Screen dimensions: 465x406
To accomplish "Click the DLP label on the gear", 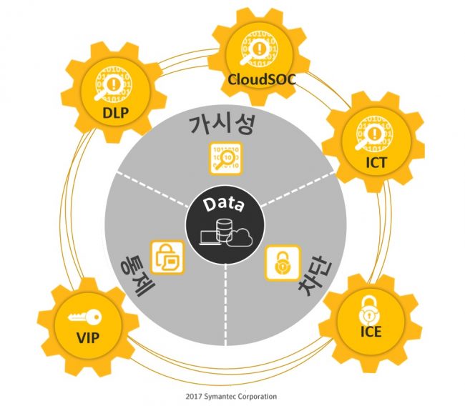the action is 115,113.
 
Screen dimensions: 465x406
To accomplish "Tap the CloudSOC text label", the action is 262,79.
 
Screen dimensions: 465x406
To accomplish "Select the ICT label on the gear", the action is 376,162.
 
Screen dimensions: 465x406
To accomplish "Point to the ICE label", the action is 371,332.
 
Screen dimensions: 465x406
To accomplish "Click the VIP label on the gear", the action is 88,337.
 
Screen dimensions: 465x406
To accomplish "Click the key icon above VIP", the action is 85,317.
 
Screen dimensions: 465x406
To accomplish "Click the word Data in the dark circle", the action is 225,204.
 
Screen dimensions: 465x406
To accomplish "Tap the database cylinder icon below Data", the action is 224,230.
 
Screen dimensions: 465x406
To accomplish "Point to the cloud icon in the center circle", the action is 240,238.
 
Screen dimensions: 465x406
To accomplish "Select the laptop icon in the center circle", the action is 210,237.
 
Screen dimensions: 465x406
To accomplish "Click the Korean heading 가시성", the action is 222,124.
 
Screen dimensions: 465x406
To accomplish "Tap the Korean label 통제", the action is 137,275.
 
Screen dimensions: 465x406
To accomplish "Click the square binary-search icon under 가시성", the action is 226,159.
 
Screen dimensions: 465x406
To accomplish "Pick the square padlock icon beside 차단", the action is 283,262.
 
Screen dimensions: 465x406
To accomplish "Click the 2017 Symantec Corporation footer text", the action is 231,396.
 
